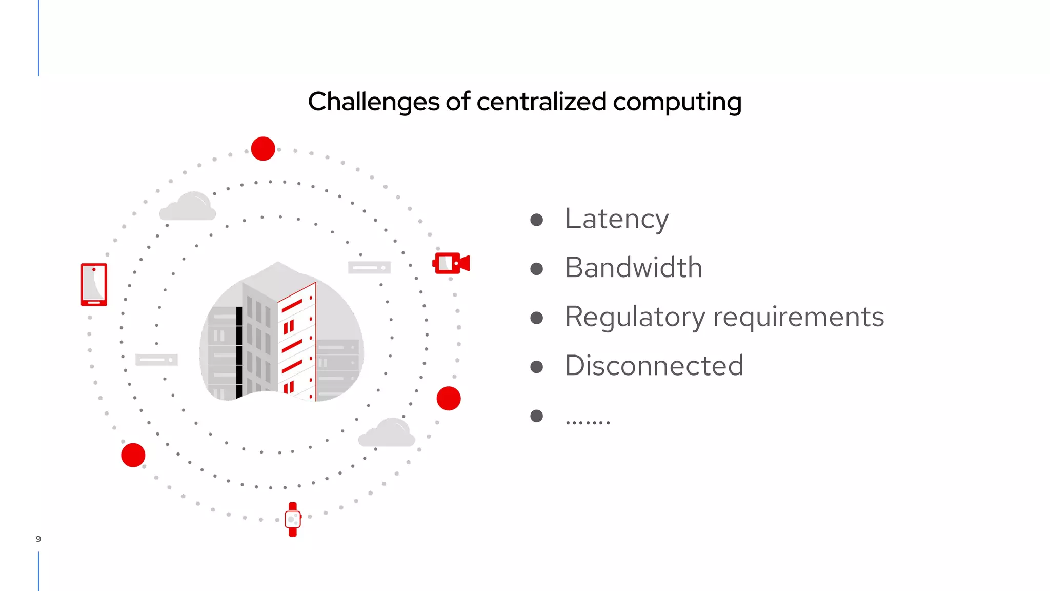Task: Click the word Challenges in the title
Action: click(373, 102)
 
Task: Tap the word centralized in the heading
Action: click(541, 102)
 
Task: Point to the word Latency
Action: click(616, 219)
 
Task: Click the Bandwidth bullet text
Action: click(633, 268)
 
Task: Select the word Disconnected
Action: click(654, 365)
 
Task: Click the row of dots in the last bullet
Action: click(588, 422)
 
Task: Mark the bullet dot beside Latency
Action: click(536, 220)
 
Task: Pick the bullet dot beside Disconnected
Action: click(536, 367)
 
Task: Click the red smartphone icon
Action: click(94, 285)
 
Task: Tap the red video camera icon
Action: click(451, 263)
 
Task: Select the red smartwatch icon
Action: click(293, 519)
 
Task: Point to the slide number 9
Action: click(38, 539)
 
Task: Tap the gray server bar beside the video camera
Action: click(369, 267)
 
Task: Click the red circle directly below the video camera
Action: click(449, 399)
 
